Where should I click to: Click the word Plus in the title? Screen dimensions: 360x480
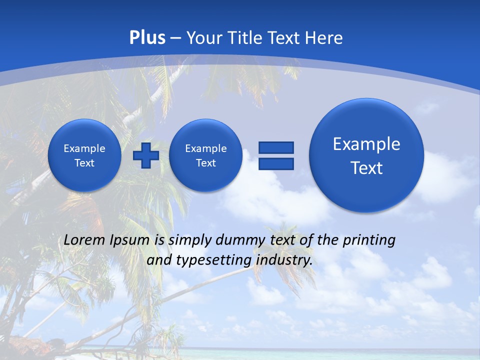click(147, 38)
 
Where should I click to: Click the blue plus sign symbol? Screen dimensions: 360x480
click(146, 155)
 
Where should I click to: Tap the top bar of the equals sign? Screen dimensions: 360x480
click(276, 147)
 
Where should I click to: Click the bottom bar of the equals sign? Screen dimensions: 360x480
click(276, 163)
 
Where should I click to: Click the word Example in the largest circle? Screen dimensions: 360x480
click(366, 144)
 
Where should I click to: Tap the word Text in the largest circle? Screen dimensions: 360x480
click(366, 168)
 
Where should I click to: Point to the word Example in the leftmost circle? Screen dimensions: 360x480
click(84, 148)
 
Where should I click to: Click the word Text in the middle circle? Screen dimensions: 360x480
click(205, 163)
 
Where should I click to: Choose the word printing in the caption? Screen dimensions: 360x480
click(368, 240)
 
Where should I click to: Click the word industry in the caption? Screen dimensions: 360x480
click(284, 260)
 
